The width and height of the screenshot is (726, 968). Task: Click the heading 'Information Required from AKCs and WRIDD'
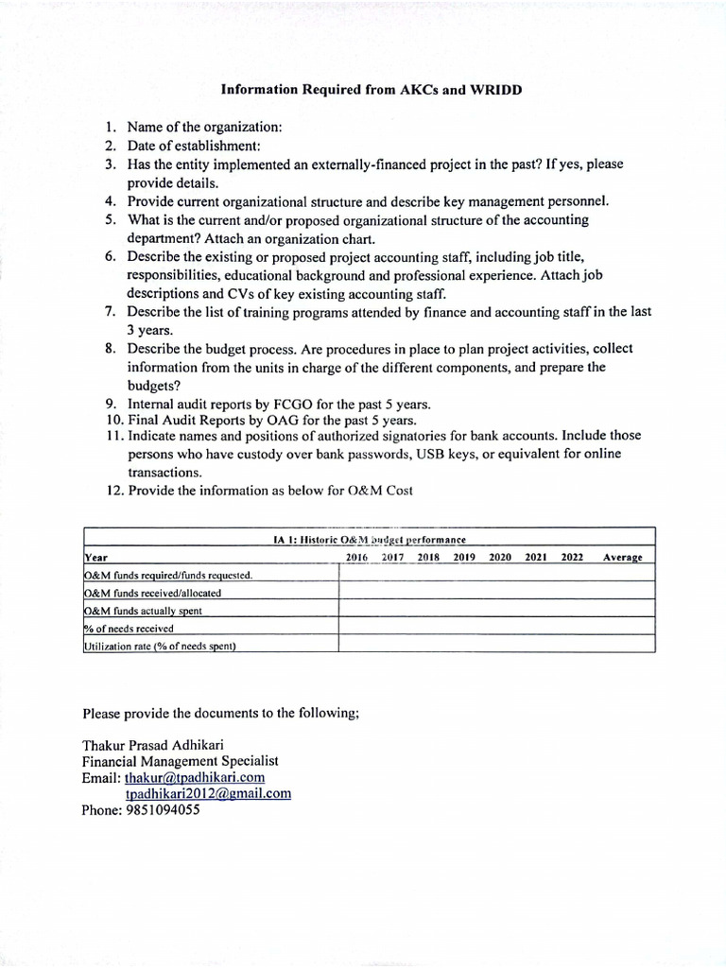pyautogui.click(x=371, y=91)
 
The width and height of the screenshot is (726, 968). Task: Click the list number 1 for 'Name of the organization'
pyautogui.click(x=110, y=127)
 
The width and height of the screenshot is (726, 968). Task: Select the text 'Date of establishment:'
pyautogui.click(x=194, y=146)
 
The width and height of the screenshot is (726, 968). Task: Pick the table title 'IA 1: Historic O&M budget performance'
pyautogui.click(x=369, y=540)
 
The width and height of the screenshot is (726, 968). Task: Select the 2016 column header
pyautogui.click(x=356, y=557)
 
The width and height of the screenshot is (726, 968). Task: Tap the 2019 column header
pyautogui.click(x=463, y=557)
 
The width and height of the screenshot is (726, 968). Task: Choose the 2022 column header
pyautogui.click(x=572, y=557)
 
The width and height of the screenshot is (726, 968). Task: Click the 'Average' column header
pyautogui.click(x=622, y=557)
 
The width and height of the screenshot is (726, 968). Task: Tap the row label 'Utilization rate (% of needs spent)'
pyautogui.click(x=159, y=646)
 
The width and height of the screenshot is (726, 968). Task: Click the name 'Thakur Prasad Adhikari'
pyautogui.click(x=153, y=744)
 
